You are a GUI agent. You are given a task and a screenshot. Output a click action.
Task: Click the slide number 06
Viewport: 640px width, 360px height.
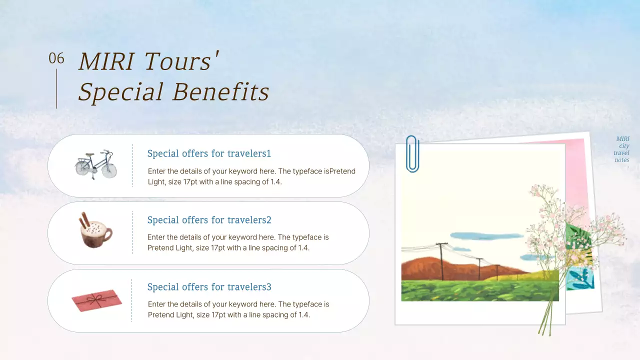tap(56, 59)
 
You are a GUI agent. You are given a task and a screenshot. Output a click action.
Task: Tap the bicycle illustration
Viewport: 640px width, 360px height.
tap(95, 164)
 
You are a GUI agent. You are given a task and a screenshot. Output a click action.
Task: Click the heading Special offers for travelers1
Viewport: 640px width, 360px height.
tap(209, 153)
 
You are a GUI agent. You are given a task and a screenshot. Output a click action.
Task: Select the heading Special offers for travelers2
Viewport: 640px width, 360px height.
tap(209, 220)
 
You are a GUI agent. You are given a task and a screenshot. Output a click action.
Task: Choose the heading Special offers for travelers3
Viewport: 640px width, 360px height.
tap(209, 287)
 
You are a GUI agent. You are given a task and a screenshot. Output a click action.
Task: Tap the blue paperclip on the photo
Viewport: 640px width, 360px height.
tap(412, 154)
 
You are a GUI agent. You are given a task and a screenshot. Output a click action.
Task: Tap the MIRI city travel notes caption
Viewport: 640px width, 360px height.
tap(622, 149)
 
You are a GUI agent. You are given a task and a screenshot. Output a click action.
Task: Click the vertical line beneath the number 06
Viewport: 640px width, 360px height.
tap(56, 88)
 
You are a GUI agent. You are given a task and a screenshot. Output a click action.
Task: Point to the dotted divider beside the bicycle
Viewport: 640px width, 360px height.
tap(132, 165)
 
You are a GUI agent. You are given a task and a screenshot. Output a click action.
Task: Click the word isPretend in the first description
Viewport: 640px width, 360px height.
tap(339, 171)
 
